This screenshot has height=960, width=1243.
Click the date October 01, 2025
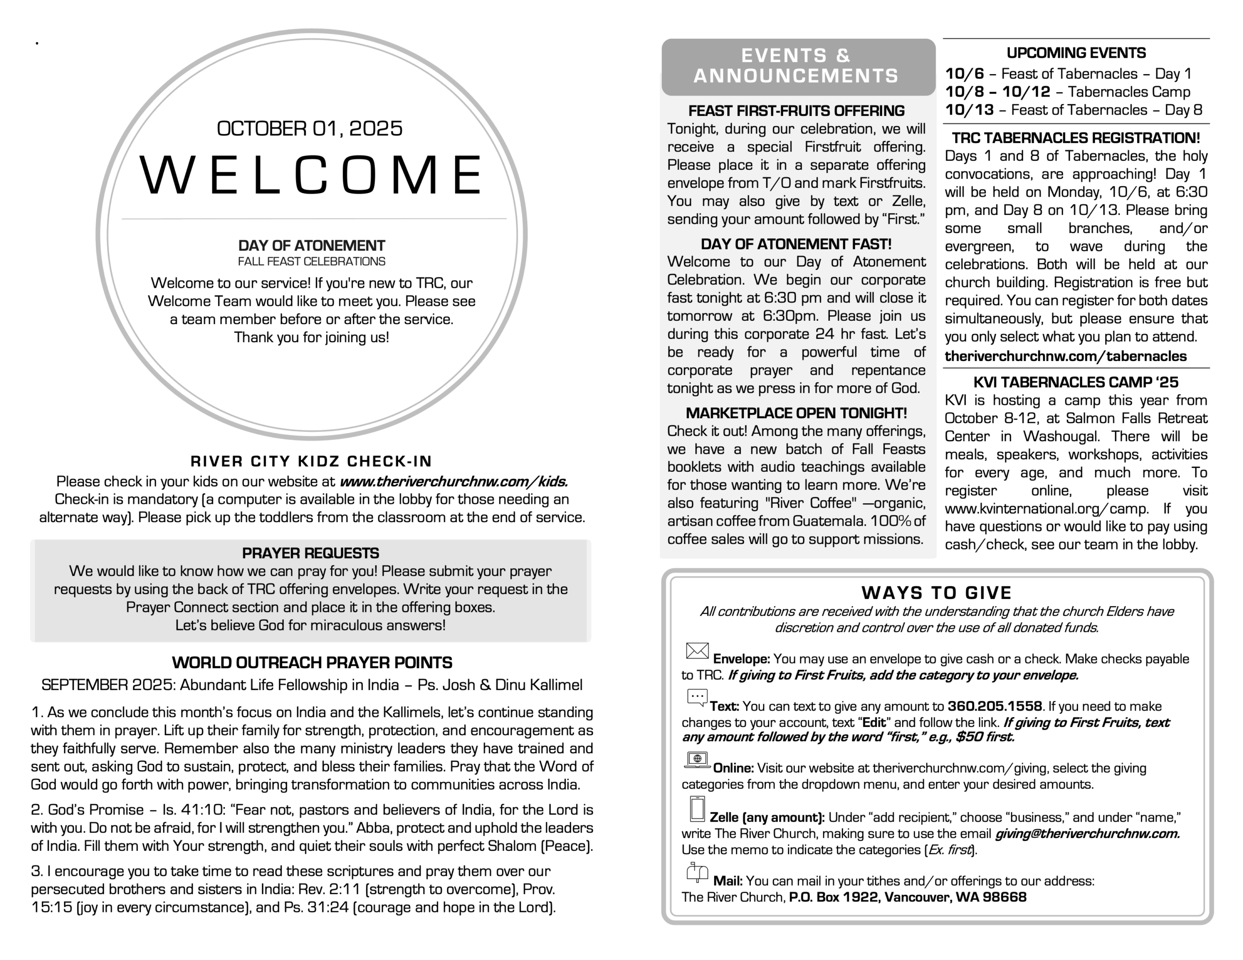tap(310, 129)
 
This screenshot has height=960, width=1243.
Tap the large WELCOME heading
tap(311, 175)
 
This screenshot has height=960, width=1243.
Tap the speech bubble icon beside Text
tap(697, 697)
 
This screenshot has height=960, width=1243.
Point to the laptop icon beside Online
tap(697, 760)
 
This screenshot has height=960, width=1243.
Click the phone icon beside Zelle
tap(697, 809)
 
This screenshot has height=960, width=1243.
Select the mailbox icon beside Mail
tap(697, 872)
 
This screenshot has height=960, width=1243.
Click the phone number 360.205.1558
tap(995, 706)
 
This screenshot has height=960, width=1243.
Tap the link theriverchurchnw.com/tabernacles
tap(1065, 356)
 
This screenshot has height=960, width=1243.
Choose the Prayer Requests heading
tap(310, 553)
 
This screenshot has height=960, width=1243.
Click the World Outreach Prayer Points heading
tap(312, 663)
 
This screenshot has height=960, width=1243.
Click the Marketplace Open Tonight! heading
tap(796, 413)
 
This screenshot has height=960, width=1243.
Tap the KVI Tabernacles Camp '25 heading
tap(1075, 382)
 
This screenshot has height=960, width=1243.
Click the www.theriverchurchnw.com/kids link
tap(454, 481)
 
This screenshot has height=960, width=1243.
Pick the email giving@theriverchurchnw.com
tap(1087, 834)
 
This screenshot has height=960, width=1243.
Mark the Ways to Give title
tap(936, 593)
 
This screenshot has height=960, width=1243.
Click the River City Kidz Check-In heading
tap(311, 462)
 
